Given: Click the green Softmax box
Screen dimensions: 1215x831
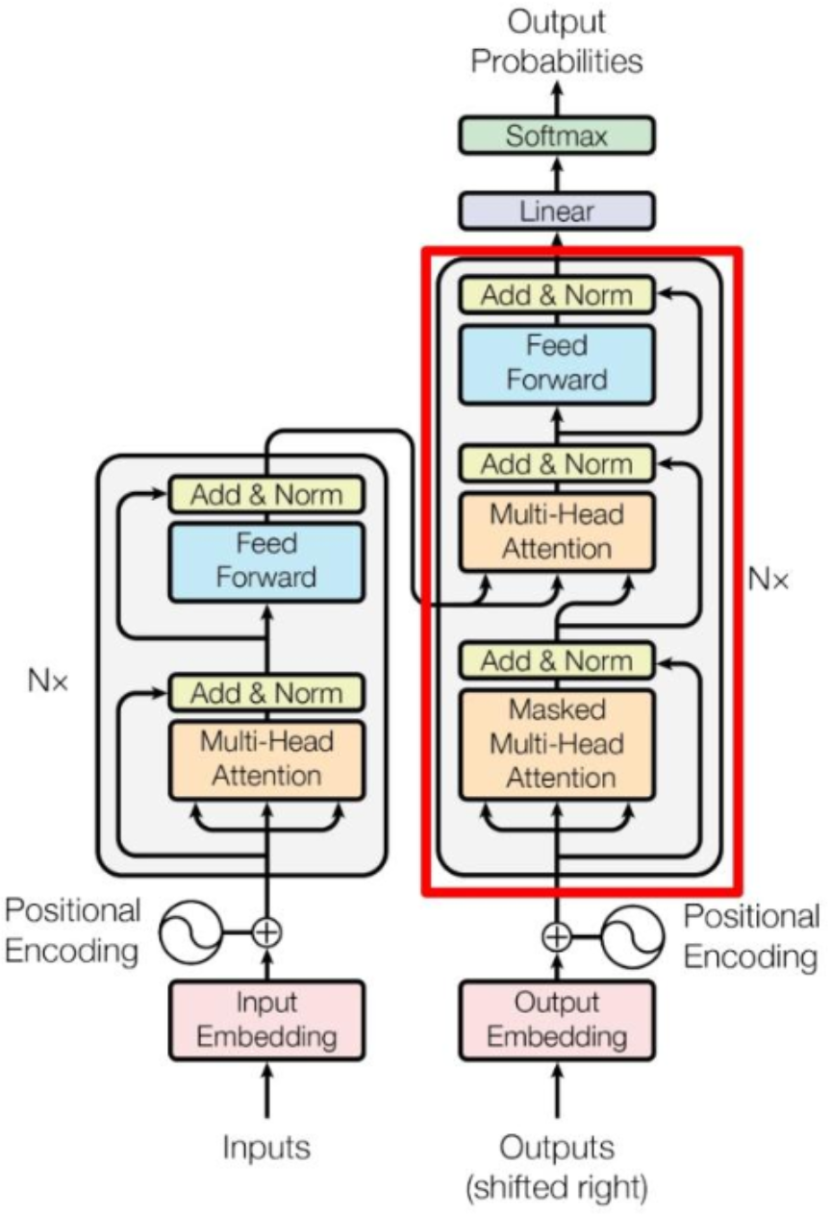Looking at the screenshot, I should (x=557, y=136).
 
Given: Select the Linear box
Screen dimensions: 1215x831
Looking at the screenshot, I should (x=557, y=211).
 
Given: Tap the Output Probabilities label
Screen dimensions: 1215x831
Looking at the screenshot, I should (x=558, y=43).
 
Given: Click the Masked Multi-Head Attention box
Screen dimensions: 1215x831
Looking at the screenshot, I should (x=557, y=744).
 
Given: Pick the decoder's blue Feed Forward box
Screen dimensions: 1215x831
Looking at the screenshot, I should (x=557, y=361).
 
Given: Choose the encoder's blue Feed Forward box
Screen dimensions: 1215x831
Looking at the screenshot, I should (x=265, y=560).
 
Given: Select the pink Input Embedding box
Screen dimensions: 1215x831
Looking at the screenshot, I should (x=267, y=1020).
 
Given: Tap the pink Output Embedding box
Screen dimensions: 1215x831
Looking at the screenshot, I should (x=557, y=1020).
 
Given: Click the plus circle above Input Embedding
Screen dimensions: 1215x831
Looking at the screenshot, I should (x=267, y=930).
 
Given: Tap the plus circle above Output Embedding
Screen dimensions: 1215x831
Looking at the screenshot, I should (x=557, y=934).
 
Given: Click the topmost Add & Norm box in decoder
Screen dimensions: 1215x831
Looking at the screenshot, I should (x=557, y=294).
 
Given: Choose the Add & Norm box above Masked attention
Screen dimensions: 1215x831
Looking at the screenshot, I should (x=557, y=660).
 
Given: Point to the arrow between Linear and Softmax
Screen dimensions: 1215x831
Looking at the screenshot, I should (x=557, y=173).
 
